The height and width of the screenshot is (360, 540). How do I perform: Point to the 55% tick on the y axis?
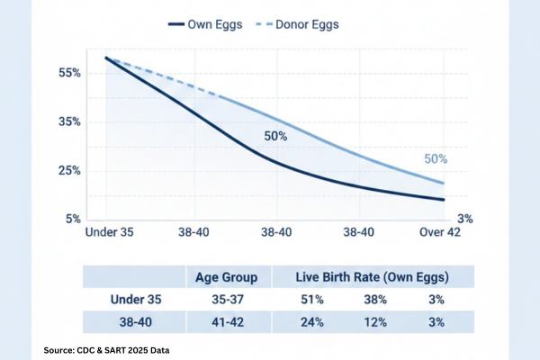(x=70, y=71)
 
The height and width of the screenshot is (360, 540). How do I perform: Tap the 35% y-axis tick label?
(x=70, y=121)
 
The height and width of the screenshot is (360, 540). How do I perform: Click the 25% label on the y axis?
(x=70, y=170)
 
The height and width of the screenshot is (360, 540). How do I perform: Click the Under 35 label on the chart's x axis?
(x=110, y=233)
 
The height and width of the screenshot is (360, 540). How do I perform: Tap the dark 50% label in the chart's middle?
(x=274, y=137)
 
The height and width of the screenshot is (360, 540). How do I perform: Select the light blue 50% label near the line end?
(x=436, y=158)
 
